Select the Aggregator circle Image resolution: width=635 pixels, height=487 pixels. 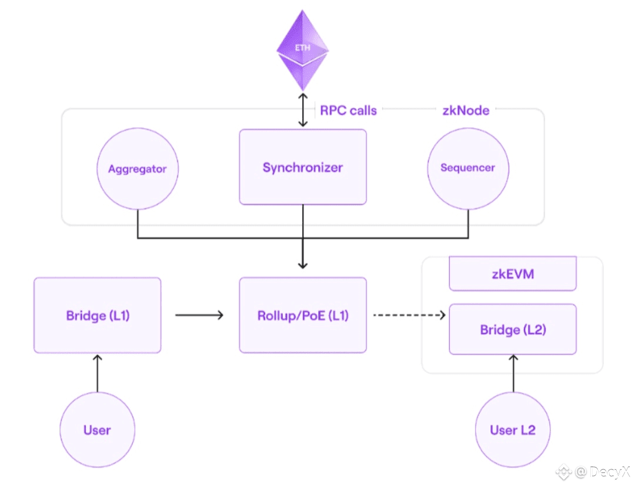[x=137, y=169]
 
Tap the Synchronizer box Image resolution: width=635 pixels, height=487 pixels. [x=302, y=167]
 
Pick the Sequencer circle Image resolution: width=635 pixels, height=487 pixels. [x=468, y=168]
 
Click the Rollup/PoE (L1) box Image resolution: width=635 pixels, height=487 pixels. [x=302, y=316]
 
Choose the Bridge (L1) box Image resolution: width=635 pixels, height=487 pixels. [x=98, y=316]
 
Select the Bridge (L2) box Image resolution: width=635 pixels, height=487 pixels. [x=513, y=330]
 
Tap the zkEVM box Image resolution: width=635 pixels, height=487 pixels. [x=513, y=274]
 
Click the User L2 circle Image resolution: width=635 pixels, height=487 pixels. [x=513, y=430]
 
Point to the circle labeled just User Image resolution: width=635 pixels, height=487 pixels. [x=97, y=430]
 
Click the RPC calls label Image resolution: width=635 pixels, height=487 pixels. [x=348, y=110]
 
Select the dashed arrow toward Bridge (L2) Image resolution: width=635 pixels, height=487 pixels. [x=409, y=316]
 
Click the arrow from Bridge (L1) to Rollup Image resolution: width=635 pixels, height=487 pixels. [x=199, y=316]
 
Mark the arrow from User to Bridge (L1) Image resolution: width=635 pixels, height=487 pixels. [x=98, y=373]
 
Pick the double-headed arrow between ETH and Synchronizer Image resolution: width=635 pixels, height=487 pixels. [x=303, y=110]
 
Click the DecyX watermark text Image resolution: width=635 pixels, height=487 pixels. [x=602, y=472]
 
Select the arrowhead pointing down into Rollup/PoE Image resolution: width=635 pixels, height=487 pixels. [x=303, y=264]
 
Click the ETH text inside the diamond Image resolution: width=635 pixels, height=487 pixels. [x=302, y=48]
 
